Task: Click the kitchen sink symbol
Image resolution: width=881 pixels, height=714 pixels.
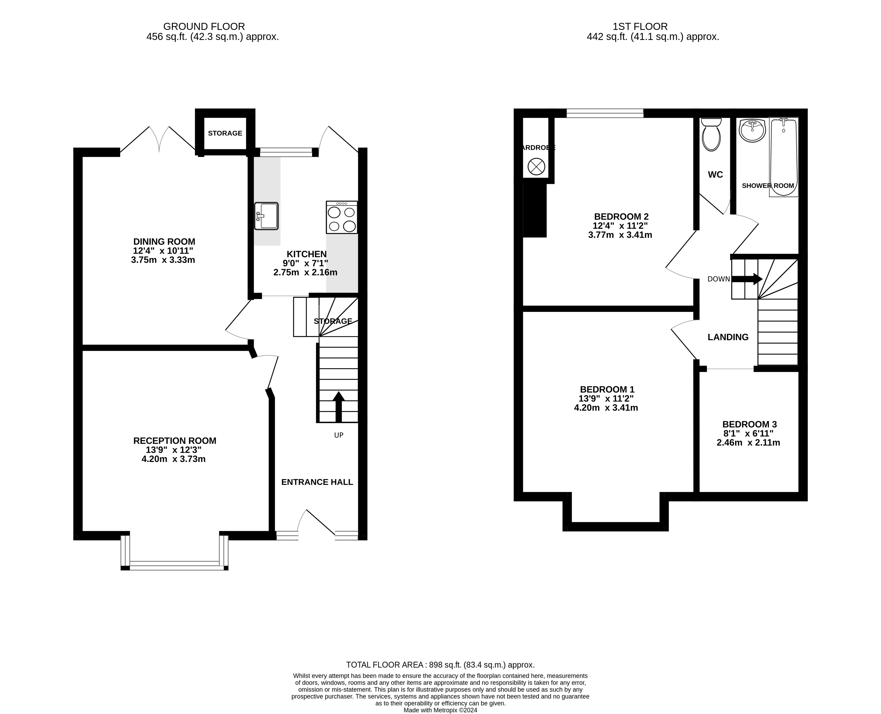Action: [266, 216]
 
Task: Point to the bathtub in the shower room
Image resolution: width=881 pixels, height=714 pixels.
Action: [784, 157]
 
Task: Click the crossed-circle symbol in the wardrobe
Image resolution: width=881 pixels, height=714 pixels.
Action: [536, 167]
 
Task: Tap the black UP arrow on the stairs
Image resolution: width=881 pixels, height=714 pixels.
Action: [338, 407]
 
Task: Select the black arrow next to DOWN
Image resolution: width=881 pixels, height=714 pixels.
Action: [747, 279]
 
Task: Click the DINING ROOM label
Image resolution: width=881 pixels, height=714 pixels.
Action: [164, 242]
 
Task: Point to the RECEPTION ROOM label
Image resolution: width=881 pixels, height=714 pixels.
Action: [175, 441]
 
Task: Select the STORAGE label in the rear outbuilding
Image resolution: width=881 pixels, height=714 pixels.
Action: [225, 133]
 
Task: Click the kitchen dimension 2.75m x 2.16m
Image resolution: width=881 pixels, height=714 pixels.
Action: [305, 272]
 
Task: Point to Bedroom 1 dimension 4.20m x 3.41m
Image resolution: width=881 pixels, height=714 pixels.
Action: [606, 408]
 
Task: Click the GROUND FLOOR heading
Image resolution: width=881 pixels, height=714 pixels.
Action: [204, 27]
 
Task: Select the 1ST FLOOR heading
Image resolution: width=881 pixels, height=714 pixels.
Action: [640, 27]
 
